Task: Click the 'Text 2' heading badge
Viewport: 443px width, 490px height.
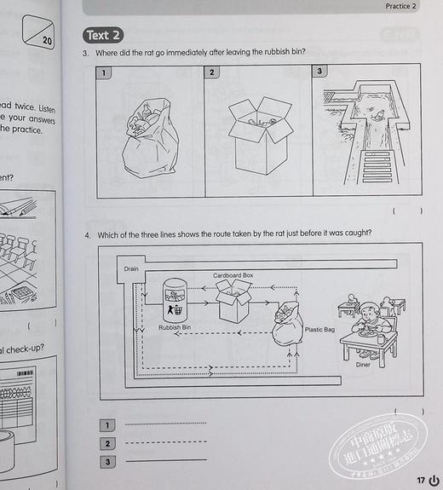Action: pos(104,35)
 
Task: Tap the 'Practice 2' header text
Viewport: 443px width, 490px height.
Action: pos(400,6)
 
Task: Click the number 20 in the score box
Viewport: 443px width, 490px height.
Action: pos(47,40)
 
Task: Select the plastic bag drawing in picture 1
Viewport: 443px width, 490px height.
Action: pos(149,141)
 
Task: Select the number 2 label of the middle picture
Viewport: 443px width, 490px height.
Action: pos(211,72)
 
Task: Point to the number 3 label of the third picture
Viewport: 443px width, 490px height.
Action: pos(319,72)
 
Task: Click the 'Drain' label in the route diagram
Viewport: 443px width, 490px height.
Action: pos(129,268)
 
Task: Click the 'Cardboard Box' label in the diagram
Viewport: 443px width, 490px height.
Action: pos(233,276)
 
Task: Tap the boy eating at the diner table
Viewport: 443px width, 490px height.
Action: pos(374,318)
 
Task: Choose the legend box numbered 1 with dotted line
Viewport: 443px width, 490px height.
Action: pos(106,424)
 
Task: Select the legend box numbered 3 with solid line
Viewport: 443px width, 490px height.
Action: pos(106,462)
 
